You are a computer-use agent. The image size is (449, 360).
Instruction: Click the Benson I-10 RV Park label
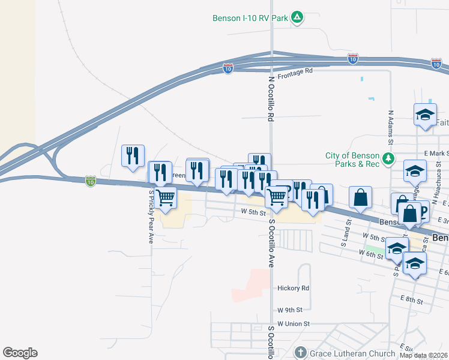(x=250, y=18)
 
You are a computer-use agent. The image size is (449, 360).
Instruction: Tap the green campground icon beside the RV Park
(x=297, y=17)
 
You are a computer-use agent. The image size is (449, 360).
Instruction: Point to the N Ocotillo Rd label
(x=271, y=99)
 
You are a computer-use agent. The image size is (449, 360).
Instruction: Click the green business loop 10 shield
(x=90, y=180)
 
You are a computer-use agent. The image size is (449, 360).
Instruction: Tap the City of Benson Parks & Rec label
(x=353, y=159)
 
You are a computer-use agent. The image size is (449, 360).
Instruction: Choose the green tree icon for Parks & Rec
(x=390, y=158)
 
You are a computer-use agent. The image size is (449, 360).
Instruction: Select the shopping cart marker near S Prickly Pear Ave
(x=166, y=197)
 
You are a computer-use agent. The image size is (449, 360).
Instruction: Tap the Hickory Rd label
(x=293, y=288)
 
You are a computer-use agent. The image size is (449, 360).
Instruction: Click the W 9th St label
(x=290, y=310)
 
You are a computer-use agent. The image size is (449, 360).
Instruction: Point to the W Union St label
(x=294, y=323)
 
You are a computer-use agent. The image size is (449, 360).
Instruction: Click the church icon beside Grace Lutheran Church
(x=303, y=352)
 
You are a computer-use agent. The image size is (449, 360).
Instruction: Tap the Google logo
(x=20, y=353)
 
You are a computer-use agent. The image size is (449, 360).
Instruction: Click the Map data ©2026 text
(x=423, y=355)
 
